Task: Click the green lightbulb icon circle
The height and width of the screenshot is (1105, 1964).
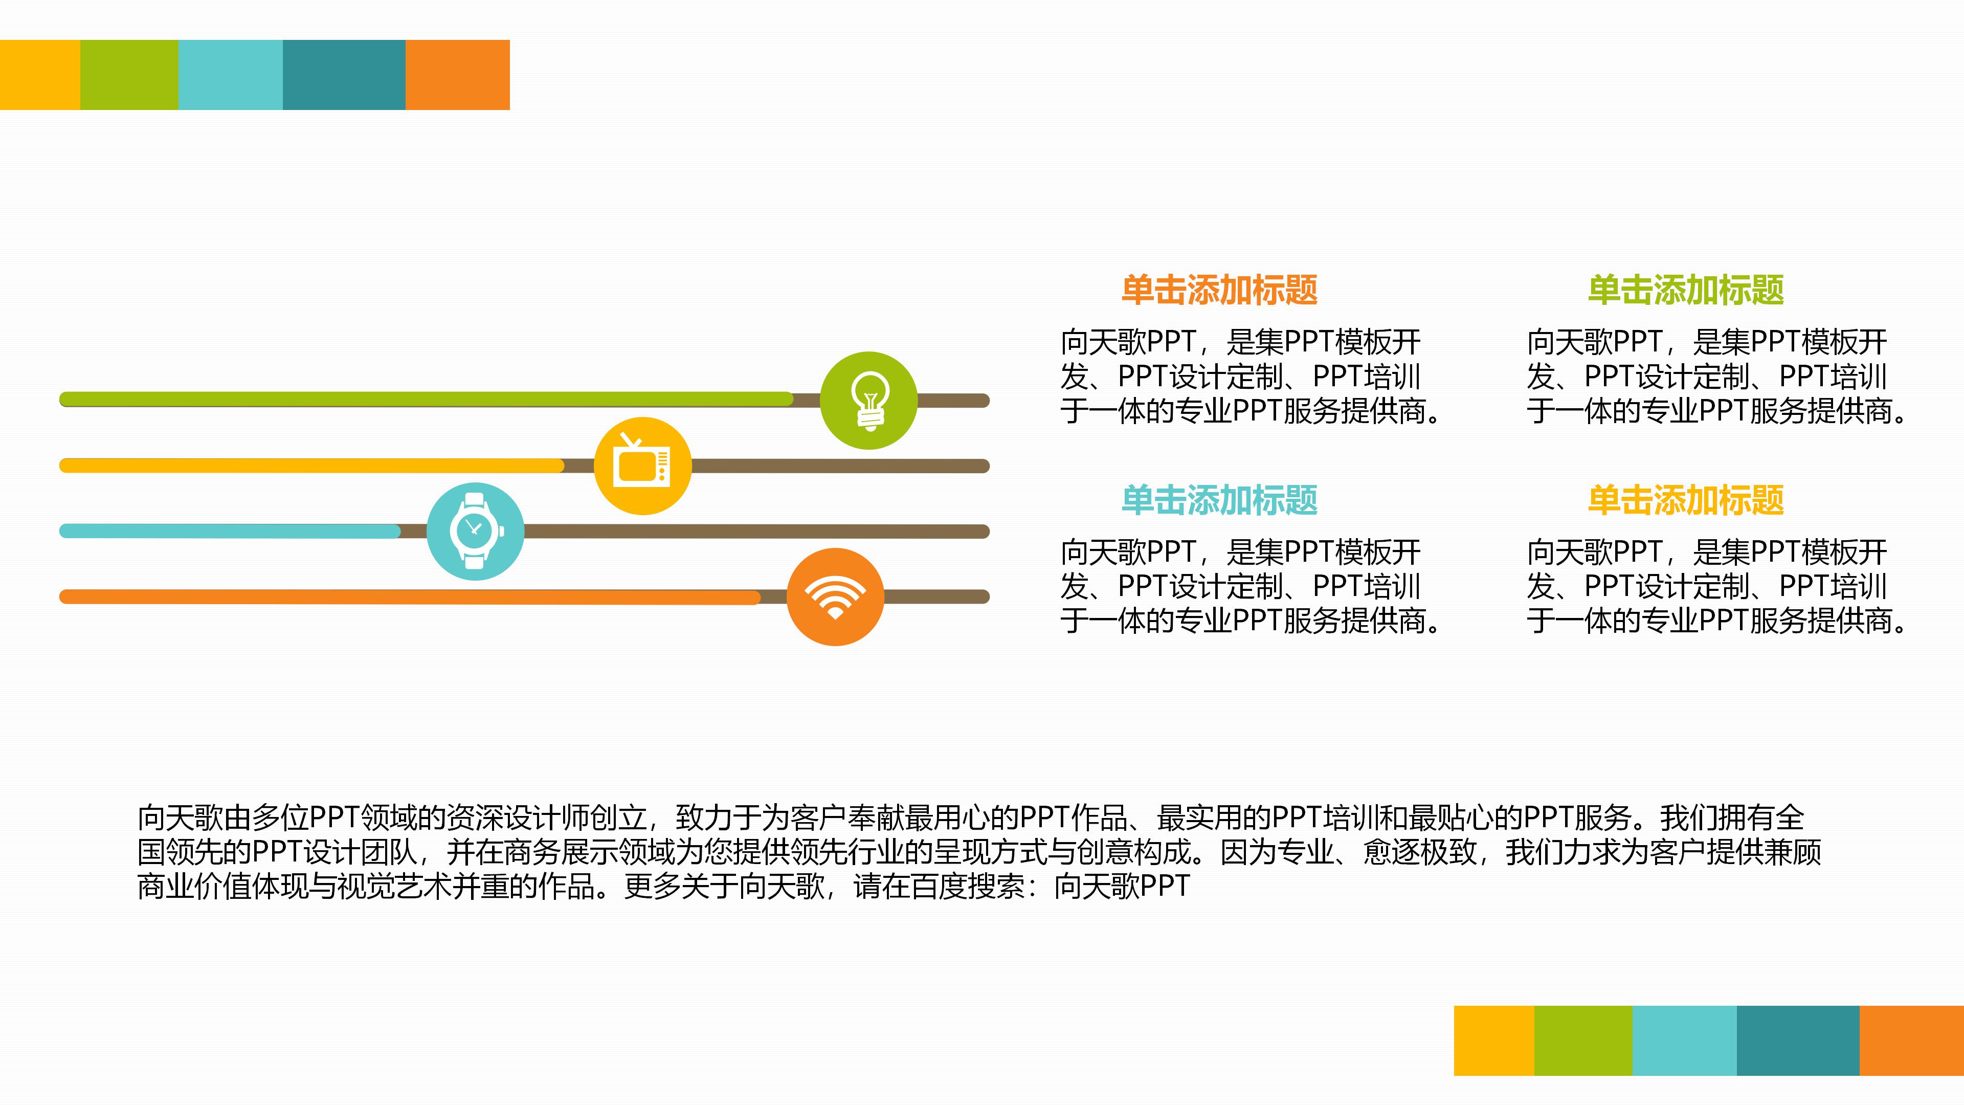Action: pos(868,401)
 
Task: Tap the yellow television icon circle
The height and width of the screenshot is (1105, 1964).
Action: pos(643,466)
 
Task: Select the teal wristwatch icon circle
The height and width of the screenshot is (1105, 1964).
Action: pos(475,532)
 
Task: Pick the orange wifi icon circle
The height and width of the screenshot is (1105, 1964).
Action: pos(835,597)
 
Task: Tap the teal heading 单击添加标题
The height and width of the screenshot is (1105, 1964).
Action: pos(1219,500)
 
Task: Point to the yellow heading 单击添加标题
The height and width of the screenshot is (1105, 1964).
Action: pos(1686,500)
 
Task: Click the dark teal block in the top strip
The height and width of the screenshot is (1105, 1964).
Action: pos(344,75)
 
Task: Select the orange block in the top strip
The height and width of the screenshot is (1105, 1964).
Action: pos(457,75)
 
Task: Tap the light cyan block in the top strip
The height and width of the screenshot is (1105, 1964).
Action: pos(230,75)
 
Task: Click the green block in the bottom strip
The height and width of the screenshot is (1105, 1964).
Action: pos(1583,1040)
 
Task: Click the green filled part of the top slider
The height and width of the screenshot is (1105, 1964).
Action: pos(426,399)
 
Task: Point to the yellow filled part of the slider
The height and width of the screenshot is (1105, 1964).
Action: pos(312,465)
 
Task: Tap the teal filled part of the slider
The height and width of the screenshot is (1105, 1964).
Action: pos(230,531)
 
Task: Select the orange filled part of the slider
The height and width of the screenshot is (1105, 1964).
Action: pos(409,596)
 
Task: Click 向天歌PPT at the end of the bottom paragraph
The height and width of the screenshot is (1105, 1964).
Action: pos(1122,886)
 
